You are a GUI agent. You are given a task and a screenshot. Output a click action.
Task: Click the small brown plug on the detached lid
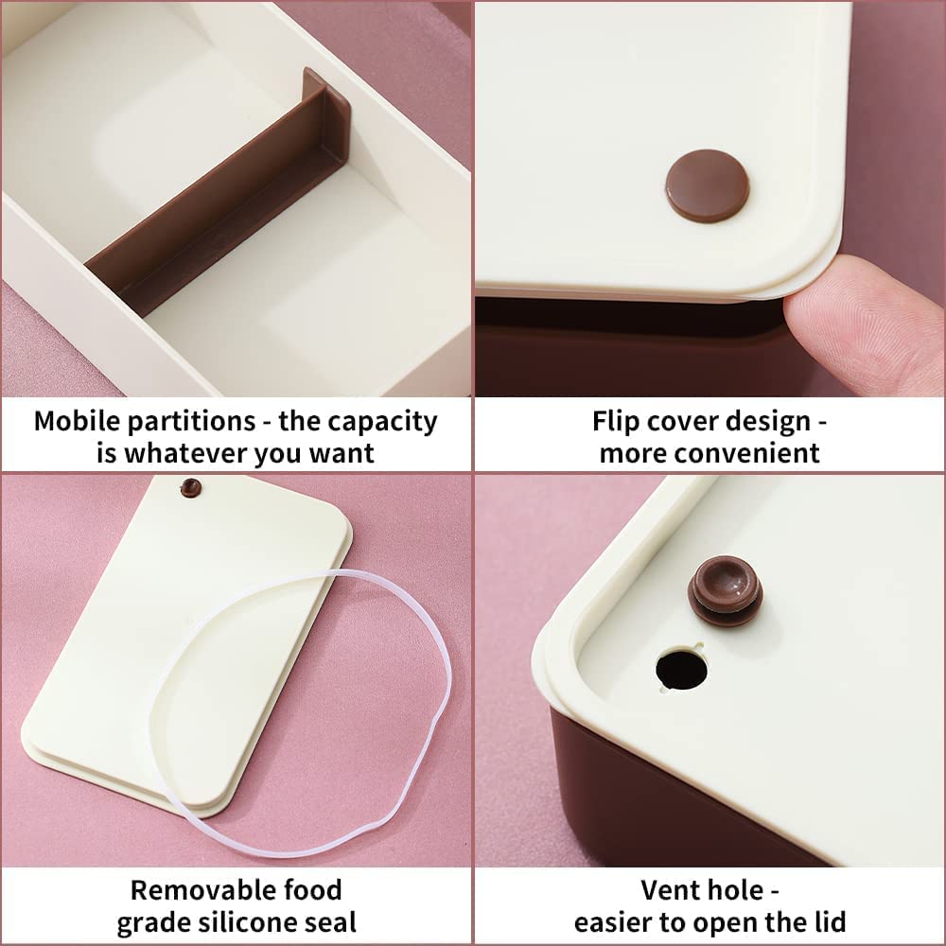point(191,487)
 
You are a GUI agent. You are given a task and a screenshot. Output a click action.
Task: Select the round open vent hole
point(682,669)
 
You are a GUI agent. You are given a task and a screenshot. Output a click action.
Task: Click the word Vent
point(668,890)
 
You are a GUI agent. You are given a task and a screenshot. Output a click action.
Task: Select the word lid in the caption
point(828,922)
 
